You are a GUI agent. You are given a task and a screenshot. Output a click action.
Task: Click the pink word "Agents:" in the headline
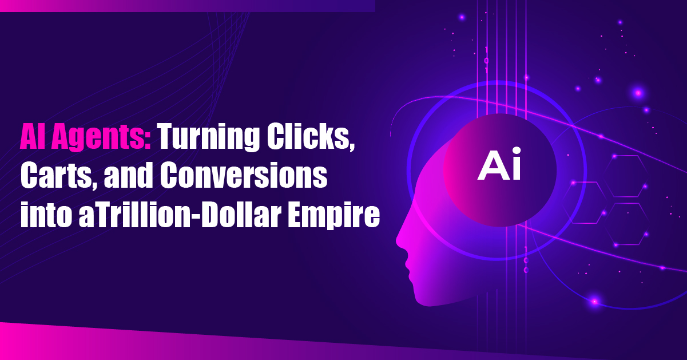pos(101,136)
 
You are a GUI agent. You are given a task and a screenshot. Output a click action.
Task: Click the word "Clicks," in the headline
pos(311,136)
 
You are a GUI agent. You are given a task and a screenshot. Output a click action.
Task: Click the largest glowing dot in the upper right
pos(638,93)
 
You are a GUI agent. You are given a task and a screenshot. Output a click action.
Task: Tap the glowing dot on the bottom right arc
pos(595,302)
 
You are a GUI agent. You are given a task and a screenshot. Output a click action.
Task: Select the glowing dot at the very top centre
pos(462,18)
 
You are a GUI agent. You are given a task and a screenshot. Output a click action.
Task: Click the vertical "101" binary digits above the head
pos(486,60)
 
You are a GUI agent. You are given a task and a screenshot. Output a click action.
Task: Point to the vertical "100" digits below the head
pos(526,260)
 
